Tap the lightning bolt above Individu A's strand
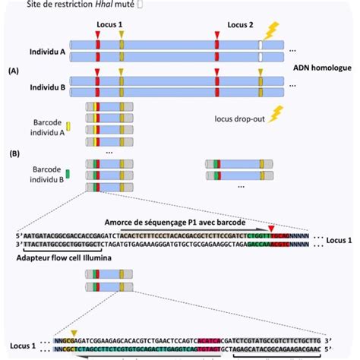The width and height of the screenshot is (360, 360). tap(270, 30)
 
